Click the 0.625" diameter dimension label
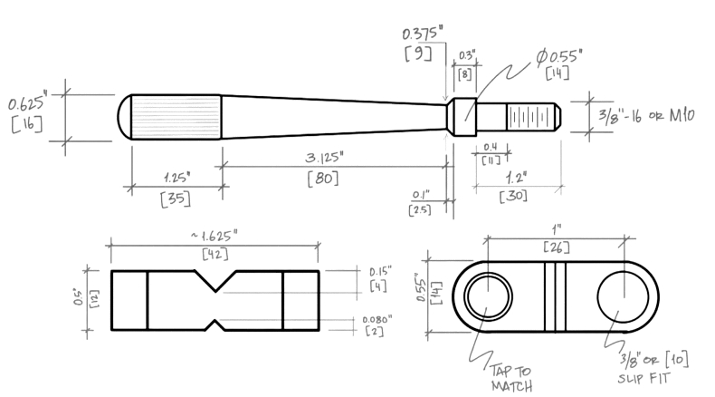coord(27,102)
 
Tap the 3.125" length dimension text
coord(324,157)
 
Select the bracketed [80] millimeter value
coord(323,179)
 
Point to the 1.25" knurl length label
coord(176,178)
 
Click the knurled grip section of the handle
coord(176,117)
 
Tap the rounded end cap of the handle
coord(125,117)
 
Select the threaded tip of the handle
coord(533,117)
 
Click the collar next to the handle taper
coord(464,117)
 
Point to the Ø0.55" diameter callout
coord(559,56)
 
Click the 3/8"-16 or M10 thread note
coord(646,116)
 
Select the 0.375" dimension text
coord(423,33)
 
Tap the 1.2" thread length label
coord(516,177)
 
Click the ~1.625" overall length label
coord(214,236)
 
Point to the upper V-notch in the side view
coord(215,280)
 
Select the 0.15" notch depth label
coord(380,271)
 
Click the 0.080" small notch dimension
coord(377,319)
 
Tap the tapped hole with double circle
coord(489,297)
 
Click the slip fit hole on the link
coord(624,297)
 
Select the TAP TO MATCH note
coord(511,379)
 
